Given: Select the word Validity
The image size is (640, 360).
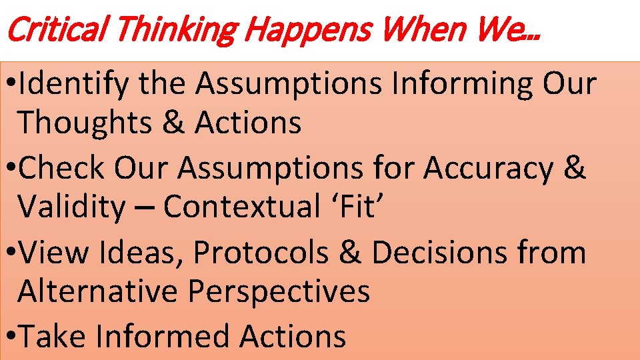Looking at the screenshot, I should (71, 207).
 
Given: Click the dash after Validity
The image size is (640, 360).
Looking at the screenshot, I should (143, 208).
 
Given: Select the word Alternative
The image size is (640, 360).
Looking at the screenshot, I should (99, 291).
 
